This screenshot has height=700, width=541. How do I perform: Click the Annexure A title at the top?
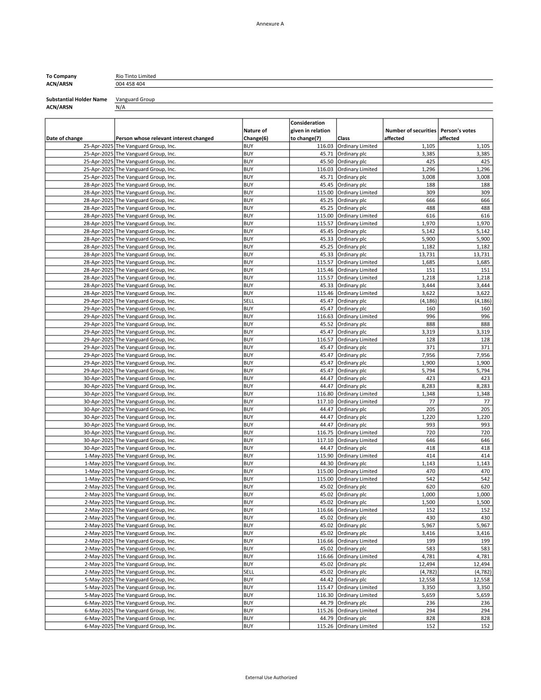click(x=270, y=24)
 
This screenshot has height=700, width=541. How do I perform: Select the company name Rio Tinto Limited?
click(x=136, y=76)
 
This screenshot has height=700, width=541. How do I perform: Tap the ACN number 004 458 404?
click(x=130, y=84)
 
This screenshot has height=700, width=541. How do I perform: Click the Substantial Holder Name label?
click(x=76, y=99)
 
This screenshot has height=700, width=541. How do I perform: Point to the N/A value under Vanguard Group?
click(x=121, y=107)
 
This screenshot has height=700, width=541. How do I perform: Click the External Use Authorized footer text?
click(x=271, y=677)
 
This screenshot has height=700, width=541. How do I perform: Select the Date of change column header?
click(x=64, y=138)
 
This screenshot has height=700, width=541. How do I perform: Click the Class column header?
click(x=344, y=138)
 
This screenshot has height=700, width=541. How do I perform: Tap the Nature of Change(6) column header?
click(x=255, y=134)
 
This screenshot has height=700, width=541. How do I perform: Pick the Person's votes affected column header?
click(x=458, y=134)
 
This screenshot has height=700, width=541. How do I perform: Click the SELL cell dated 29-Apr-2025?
click(x=249, y=301)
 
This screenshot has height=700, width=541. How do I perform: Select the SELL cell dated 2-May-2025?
click(x=249, y=572)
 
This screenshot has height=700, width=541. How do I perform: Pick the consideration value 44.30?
click(x=327, y=464)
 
